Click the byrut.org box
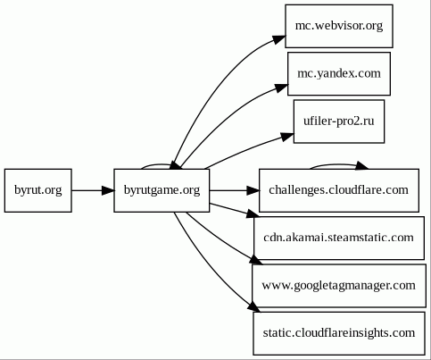(38, 190)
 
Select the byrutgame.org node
(162, 190)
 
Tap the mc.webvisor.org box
(339, 26)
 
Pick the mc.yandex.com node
(339, 73)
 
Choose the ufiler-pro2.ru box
(339, 121)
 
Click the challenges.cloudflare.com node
(339, 190)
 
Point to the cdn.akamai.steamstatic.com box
(339, 239)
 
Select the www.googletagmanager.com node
(339, 286)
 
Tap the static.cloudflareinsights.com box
(339, 333)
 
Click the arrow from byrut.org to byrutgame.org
(93, 190)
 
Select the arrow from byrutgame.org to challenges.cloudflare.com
(235, 190)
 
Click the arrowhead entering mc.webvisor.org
(279, 39)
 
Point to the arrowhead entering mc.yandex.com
(281, 88)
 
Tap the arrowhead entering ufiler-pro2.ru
(287, 137)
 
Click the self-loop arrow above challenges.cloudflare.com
(338, 164)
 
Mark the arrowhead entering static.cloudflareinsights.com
(253, 307)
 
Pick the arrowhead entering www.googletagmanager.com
(256, 260)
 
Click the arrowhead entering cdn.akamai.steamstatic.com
(253, 213)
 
